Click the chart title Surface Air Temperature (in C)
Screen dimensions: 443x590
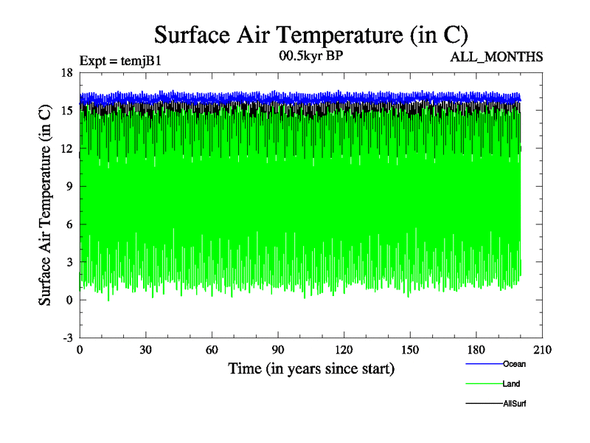point(310,34)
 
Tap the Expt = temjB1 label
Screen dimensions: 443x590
point(119,61)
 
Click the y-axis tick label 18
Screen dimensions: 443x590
point(66,72)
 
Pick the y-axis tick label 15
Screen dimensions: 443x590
point(66,110)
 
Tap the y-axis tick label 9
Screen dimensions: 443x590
point(69,186)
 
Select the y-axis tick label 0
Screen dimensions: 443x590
point(69,300)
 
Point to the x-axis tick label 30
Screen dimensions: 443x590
point(146,350)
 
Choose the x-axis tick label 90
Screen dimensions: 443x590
point(279,350)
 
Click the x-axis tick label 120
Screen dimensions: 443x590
point(345,350)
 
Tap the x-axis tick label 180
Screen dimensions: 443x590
point(477,350)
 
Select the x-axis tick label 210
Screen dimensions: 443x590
point(544,350)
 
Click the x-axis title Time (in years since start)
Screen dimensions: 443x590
point(310,368)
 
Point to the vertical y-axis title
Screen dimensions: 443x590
point(45,205)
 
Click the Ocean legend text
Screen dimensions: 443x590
point(514,364)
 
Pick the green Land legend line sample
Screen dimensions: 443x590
point(484,384)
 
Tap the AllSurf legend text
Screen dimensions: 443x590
point(515,404)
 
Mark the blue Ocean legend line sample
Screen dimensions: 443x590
point(484,364)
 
